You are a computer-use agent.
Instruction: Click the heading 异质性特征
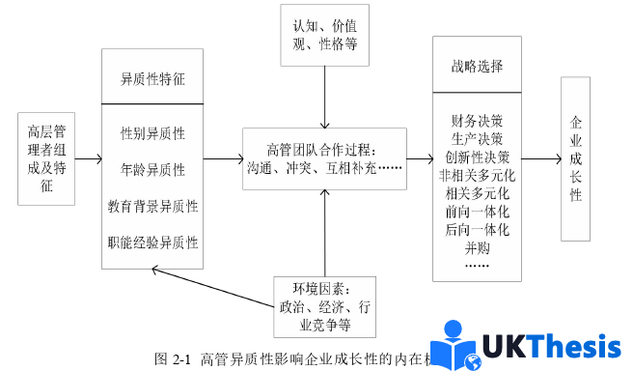point(153,77)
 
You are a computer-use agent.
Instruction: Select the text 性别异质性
point(153,132)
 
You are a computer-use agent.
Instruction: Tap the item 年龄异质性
point(153,169)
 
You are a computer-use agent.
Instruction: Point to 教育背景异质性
point(153,206)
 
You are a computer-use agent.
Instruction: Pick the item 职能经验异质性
point(153,243)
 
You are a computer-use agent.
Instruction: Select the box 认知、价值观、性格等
point(328,35)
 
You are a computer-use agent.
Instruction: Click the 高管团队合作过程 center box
point(326,157)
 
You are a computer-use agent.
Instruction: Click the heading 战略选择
point(478,68)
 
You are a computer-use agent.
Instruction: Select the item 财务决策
point(477,121)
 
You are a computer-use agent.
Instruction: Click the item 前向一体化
point(477,212)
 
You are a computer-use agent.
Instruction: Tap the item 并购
point(477,247)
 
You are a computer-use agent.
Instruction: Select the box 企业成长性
point(576,159)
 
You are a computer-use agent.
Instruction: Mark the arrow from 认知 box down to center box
point(327,97)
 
